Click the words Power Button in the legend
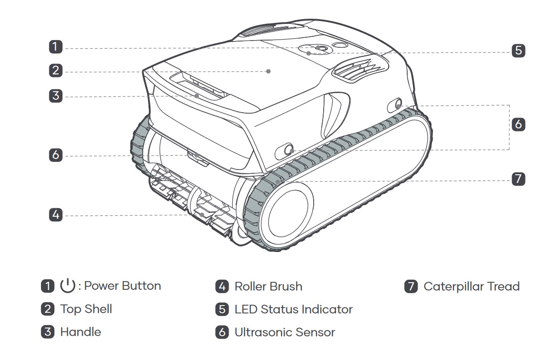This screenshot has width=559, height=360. [x=122, y=286]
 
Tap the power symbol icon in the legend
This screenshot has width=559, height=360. [x=68, y=286]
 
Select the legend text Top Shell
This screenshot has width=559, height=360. [x=86, y=309]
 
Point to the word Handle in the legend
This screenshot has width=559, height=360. [x=80, y=332]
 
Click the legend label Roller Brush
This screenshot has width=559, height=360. [x=268, y=286]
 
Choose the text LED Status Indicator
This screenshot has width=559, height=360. [x=293, y=309]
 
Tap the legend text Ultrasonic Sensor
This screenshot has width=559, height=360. [x=285, y=332]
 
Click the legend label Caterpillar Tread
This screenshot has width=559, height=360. [x=471, y=286]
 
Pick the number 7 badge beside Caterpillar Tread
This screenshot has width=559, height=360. [x=411, y=286]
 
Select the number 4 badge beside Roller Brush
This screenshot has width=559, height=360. [x=222, y=286]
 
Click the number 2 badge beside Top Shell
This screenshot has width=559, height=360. [x=48, y=309]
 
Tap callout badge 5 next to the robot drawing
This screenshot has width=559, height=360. [x=518, y=50]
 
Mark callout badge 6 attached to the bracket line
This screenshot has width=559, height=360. [x=518, y=124]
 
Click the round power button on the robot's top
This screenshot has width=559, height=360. [x=319, y=48]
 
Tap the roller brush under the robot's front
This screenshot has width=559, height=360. [x=196, y=205]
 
